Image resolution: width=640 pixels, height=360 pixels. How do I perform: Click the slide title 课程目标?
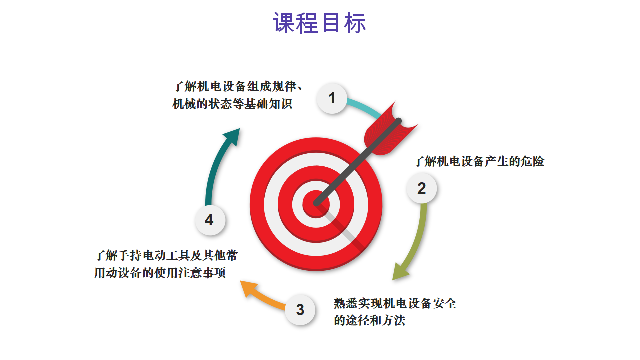[319, 23]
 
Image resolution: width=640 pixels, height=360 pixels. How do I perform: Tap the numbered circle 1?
[332, 98]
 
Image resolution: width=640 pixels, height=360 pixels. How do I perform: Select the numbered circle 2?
[421, 188]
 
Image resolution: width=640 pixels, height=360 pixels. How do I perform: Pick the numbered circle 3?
[300, 310]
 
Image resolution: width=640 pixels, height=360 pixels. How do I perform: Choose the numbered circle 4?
[210, 220]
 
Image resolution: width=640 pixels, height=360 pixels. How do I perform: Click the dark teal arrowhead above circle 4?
[233, 137]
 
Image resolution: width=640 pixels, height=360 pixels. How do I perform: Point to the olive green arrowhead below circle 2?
[400, 271]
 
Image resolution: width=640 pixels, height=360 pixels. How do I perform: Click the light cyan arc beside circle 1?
[365, 107]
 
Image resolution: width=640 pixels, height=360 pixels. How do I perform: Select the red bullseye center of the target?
[316, 204]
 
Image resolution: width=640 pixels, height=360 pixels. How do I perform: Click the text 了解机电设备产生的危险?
[479, 161]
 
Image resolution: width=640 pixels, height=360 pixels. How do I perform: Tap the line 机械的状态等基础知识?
[232, 104]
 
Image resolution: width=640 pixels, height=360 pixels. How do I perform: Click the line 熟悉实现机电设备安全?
[395, 303]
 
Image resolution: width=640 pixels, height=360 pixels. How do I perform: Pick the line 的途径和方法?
[369, 321]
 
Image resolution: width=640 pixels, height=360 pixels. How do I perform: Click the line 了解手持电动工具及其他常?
[166, 255]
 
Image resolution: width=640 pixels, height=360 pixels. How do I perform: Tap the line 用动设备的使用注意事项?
[160, 273]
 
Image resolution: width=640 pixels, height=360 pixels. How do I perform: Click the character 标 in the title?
[355, 23]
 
